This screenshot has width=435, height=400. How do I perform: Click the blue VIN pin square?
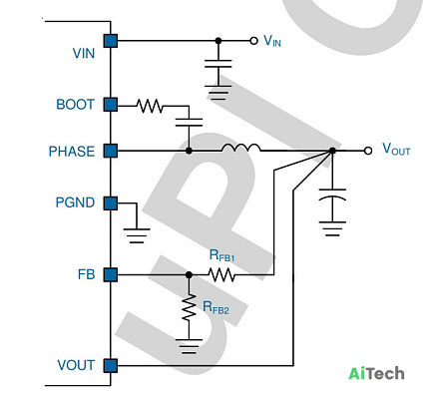coord(111,41)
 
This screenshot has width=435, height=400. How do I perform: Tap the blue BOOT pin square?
coord(111,105)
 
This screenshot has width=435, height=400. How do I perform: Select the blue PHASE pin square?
coord(111,151)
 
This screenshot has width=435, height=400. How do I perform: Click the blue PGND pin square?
coord(111,203)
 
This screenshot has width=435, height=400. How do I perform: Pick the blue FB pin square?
coord(111,275)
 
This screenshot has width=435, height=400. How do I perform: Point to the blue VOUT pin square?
coord(111,365)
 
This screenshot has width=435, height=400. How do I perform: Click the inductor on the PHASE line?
coord(241,148)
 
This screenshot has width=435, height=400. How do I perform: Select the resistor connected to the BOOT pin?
coord(150,106)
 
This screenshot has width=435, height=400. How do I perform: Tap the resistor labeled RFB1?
coord(221,274)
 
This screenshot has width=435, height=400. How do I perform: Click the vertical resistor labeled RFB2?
coord(189,307)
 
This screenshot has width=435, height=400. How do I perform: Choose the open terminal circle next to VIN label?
coord(253,41)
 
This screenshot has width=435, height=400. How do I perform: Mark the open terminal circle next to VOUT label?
coord(368,151)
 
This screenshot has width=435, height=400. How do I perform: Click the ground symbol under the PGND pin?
coord(137,235)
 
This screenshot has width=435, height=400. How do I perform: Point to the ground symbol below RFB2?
coord(189,346)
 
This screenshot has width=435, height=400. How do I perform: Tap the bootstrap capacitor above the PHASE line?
coord(189,122)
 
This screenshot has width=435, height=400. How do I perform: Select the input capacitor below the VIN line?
coord(218,64)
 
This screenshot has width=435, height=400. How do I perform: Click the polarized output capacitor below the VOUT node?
coord(332,196)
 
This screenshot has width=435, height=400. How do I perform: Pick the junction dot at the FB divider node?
coord(189,275)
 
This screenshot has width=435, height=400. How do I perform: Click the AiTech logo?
coord(376,373)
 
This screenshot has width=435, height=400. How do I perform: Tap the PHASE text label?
coord(72,152)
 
